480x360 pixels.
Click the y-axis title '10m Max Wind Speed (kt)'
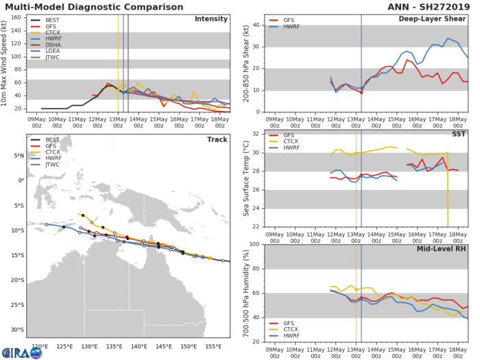pyautogui.click(x=8, y=63)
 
